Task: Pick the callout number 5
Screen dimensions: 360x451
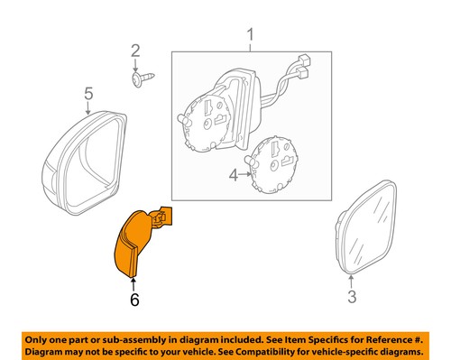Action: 88,93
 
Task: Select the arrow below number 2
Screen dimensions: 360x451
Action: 136,65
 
